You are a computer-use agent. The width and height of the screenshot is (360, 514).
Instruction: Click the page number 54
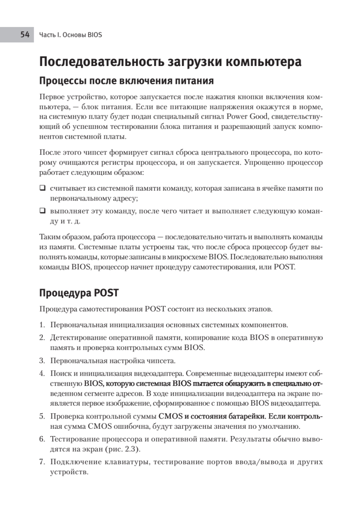(x=24, y=34)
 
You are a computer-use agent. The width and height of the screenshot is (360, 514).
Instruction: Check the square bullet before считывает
(x=42, y=188)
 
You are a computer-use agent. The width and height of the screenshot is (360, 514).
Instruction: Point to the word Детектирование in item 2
(x=74, y=338)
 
